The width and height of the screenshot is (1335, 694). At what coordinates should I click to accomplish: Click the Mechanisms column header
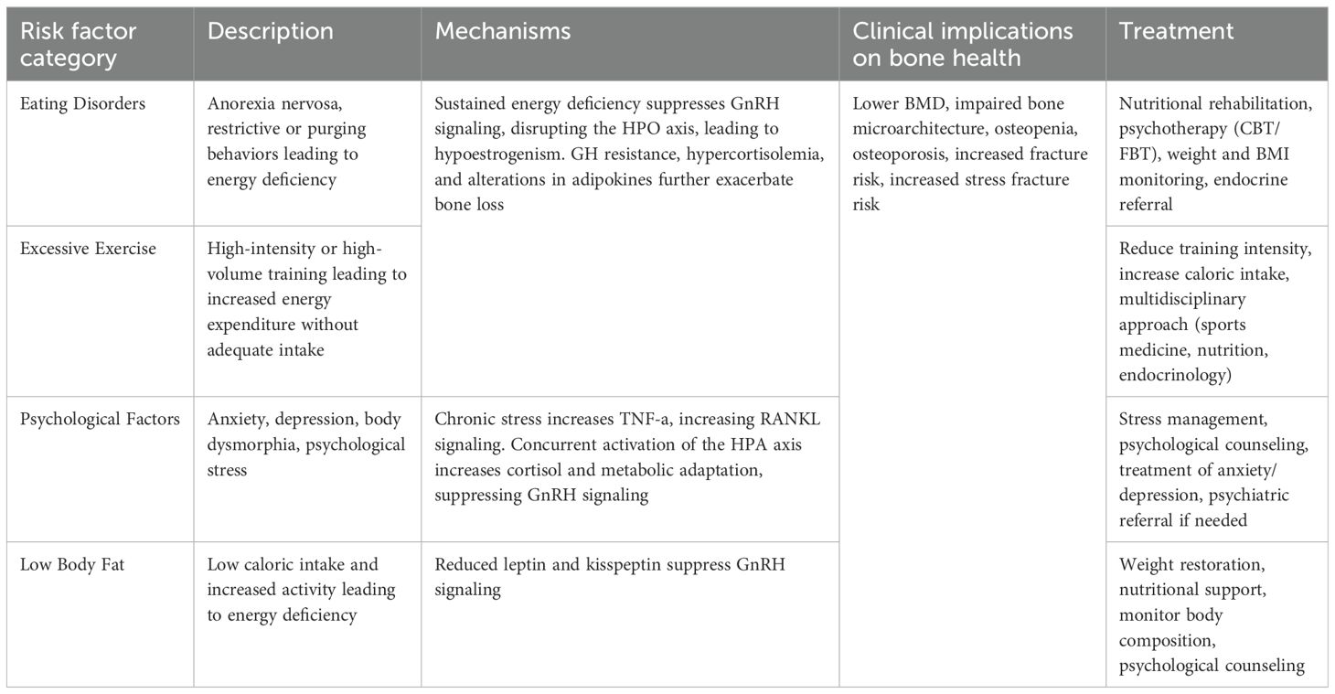tap(503, 31)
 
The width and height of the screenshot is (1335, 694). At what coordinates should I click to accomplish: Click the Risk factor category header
tap(78, 44)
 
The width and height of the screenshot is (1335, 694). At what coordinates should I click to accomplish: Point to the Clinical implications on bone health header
tap(963, 44)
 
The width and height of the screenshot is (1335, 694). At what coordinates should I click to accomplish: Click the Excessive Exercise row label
tap(87, 249)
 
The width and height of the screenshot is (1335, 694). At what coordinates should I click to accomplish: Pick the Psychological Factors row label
tap(100, 420)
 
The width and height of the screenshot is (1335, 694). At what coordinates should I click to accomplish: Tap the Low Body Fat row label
tap(72, 565)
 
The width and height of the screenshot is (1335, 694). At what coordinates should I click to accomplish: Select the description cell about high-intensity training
tap(306, 299)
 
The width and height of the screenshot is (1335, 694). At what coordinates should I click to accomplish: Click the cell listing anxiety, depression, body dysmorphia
tap(306, 445)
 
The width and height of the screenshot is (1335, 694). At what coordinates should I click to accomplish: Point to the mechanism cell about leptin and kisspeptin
tap(609, 577)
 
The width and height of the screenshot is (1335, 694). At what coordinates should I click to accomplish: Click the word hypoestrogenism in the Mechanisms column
tap(495, 155)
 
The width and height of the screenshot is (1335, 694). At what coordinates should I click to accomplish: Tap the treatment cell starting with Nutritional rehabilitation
tap(1215, 155)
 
